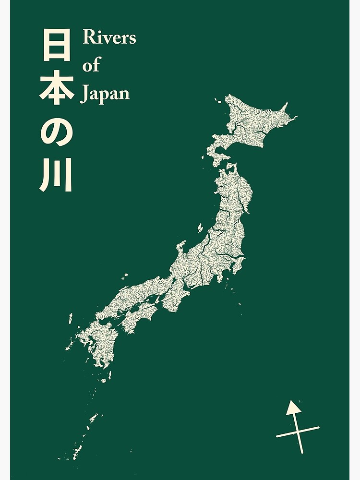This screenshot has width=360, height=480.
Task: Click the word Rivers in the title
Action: click(109, 37)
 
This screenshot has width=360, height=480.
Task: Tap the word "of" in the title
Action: click(91, 65)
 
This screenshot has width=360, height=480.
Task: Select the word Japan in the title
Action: click(105, 94)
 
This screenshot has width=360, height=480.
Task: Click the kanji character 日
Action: click(57, 45)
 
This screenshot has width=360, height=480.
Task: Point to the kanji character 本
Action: click(57, 90)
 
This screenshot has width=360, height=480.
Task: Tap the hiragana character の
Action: click(57, 132)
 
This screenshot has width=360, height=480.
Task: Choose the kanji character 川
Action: click(56, 175)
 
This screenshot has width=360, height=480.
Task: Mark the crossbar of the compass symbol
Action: click(298, 432)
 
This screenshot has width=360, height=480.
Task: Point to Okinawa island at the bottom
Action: click(77, 451)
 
